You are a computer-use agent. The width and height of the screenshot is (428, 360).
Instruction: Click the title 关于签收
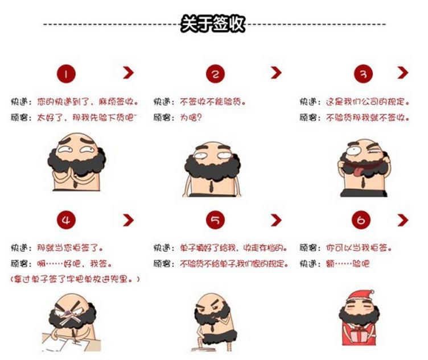213,24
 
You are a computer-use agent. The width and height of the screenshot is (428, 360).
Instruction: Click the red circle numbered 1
66,73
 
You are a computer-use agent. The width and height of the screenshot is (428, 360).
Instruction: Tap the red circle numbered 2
215,73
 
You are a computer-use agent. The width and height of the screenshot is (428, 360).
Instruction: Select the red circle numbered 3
363,73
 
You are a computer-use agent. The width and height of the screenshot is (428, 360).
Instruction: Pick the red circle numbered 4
66,220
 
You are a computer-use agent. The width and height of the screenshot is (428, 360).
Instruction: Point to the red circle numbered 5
215,220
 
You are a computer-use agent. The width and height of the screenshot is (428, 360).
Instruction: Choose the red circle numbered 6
361,220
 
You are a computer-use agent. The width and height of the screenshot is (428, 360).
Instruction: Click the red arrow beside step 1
128,73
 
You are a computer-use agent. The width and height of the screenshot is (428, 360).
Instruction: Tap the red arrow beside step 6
403,220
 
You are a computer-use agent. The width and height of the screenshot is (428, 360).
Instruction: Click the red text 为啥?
191,118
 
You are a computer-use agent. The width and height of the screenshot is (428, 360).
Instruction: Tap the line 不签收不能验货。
213,102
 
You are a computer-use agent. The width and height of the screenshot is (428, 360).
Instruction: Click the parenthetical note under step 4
75,279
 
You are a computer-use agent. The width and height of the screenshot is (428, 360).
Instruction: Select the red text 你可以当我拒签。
359,248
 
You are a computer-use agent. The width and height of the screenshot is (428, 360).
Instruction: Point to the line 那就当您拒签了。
70,248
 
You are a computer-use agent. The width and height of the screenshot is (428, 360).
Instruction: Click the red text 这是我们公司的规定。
368,102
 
